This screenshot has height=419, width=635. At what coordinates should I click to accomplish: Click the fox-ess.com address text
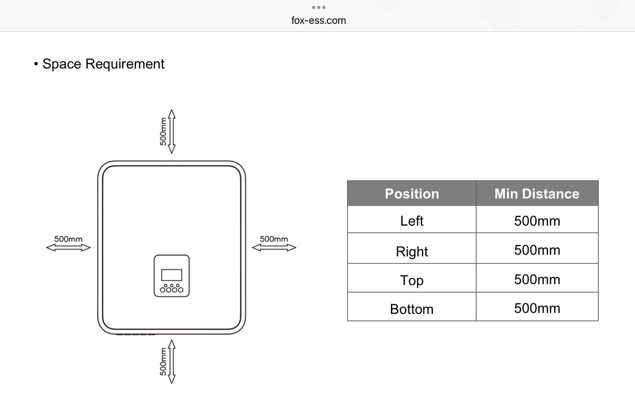pyautogui.click(x=318, y=20)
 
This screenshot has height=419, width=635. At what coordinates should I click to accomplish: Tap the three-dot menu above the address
pyautogui.click(x=318, y=7)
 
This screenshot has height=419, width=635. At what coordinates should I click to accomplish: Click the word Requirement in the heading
pyautogui.click(x=125, y=64)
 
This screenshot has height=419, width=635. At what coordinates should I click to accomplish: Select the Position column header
pyautogui.click(x=412, y=194)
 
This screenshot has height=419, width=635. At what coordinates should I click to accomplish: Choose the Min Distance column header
pyautogui.click(x=537, y=194)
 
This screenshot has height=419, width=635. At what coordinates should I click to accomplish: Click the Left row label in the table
pyautogui.click(x=412, y=221)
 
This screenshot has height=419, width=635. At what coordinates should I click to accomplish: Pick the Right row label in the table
pyautogui.click(x=412, y=252)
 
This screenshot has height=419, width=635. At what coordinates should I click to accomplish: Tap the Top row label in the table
pyautogui.click(x=412, y=280)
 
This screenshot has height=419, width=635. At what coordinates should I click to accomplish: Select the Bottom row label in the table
pyautogui.click(x=412, y=309)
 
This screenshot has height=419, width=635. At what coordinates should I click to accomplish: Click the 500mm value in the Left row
pyautogui.click(x=537, y=221)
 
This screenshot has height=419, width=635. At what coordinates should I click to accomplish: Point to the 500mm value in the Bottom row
pyautogui.click(x=537, y=308)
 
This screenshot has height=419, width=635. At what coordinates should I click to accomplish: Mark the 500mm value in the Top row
pyautogui.click(x=537, y=279)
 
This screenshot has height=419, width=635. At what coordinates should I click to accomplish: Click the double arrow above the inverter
pyautogui.click(x=172, y=131)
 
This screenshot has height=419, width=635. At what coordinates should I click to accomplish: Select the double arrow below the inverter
pyautogui.click(x=172, y=361)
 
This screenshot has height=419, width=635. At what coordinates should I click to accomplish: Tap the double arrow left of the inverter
pyautogui.click(x=68, y=248)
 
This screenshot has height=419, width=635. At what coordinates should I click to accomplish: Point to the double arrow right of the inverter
pyautogui.click(x=274, y=248)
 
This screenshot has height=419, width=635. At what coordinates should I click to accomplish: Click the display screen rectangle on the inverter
pyautogui.click(x=172, y=275)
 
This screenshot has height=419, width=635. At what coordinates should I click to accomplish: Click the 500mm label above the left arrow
pyautogui.click(x=68, y=239)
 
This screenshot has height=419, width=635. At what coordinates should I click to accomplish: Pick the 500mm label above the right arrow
pyautogui.click(x=274, y=239)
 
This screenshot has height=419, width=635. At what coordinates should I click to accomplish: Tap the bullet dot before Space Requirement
pyautogui.click(x=36, y=64)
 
